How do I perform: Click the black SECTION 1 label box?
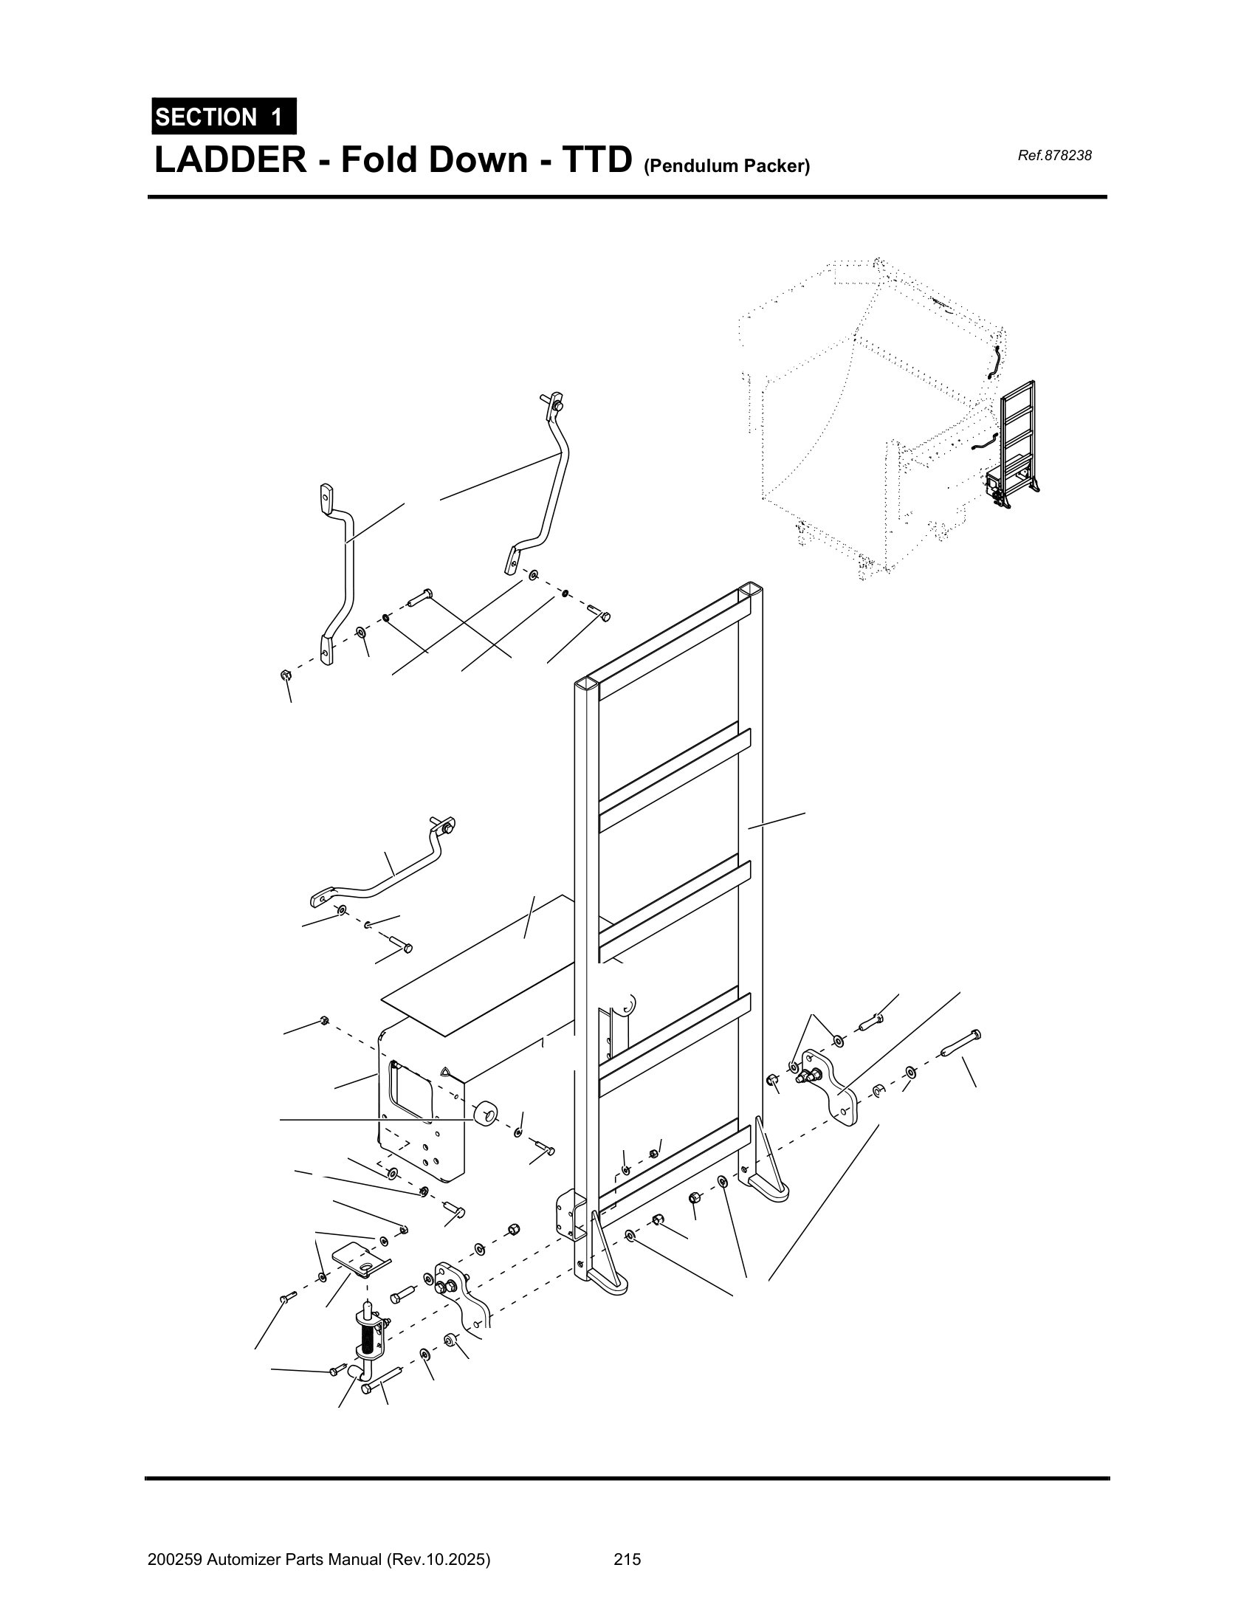(x=223, y=117)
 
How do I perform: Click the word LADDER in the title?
(x=230, y=160)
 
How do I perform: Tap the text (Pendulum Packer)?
(x=726, y=167)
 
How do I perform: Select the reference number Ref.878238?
(x=1053, y=156)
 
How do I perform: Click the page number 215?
(x=627, y=1553)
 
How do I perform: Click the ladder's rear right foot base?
(x=770, y=1186)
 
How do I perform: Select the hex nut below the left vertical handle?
(x=284, y=675)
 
